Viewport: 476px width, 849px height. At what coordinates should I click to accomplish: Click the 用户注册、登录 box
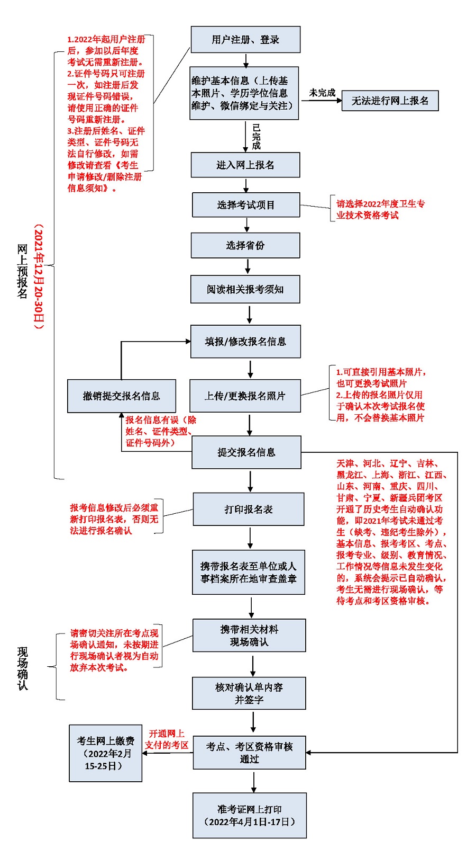pos(245,40)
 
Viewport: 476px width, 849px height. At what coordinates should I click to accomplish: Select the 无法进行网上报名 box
pos(390,101)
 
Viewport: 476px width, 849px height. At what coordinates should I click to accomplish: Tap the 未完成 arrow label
pos(322,93)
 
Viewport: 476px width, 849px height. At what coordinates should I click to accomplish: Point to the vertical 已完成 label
pos(257,137)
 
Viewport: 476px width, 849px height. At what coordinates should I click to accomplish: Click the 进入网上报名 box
pos(245,165)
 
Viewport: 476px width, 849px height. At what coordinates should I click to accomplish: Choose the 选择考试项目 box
pos(246,205)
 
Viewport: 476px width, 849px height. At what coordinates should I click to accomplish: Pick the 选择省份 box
pos(245,245)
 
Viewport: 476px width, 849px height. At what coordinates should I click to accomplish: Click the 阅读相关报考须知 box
pos(245,289)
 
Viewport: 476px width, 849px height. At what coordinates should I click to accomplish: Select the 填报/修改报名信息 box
pos(245,342)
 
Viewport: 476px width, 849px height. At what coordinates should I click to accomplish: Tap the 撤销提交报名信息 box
pos(121,396)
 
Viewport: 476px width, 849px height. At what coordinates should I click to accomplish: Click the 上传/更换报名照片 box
pos(245,396)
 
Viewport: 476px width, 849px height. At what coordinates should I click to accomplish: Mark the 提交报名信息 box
pos(246,452)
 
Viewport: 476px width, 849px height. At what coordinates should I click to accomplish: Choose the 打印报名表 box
pos(249,509)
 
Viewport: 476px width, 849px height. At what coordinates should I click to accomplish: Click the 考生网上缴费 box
pos(106,753)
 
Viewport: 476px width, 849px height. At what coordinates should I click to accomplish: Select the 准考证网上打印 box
pos(250,816)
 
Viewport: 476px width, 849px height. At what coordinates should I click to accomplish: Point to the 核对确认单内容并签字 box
pos(249,693)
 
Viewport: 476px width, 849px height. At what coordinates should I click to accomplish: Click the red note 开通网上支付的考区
pos(167,739)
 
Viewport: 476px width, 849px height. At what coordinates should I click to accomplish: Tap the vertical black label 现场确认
pos(23,668)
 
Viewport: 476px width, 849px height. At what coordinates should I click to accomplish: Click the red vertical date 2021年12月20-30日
pos(39,276)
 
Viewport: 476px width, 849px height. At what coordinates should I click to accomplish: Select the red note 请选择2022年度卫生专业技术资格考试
pos(380,209)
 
